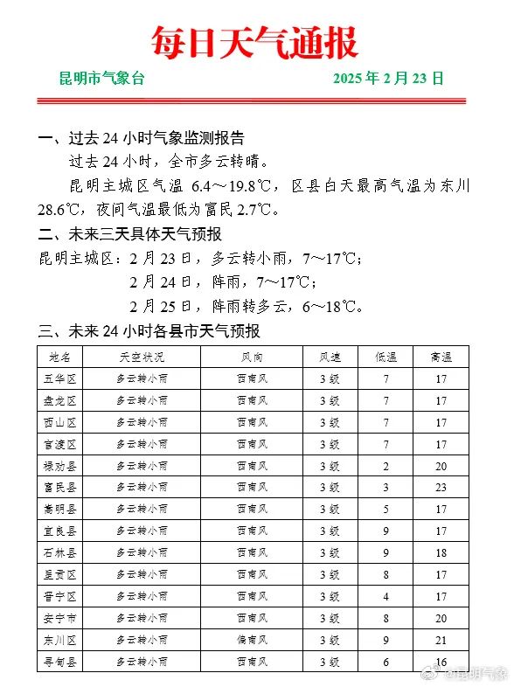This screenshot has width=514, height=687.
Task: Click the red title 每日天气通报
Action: (x=254, y=42)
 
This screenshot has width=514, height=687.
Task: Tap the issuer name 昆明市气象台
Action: (x=101, y=79)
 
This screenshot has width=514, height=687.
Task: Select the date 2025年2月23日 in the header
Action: (x=388, y=79)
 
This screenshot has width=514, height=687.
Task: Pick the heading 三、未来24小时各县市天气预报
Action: (x=149, y=331)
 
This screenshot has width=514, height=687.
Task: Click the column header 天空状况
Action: (x=142, y=357)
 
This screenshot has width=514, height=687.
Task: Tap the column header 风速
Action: (x=330, y=357)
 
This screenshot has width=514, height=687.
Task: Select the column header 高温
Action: (x=441, y=357)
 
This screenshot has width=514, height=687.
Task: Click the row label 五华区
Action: (x=60, y=379)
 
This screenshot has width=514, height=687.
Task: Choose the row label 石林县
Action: (x=60, y=553)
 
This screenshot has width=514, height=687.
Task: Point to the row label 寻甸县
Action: (x=60, y=663)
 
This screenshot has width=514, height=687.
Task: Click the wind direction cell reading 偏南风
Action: (x=253, y=641)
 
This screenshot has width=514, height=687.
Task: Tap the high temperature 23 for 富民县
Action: (x=441, y=488)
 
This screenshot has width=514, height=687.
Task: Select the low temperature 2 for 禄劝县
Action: (x=385, y=466)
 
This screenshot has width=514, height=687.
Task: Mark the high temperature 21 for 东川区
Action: (x=441, y=641)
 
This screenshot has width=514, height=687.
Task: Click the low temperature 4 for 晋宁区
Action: (x=385, y=597)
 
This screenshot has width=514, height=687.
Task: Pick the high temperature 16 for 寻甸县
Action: (x=441, y=663)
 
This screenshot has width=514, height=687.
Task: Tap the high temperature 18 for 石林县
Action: (x=441, y=553)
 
